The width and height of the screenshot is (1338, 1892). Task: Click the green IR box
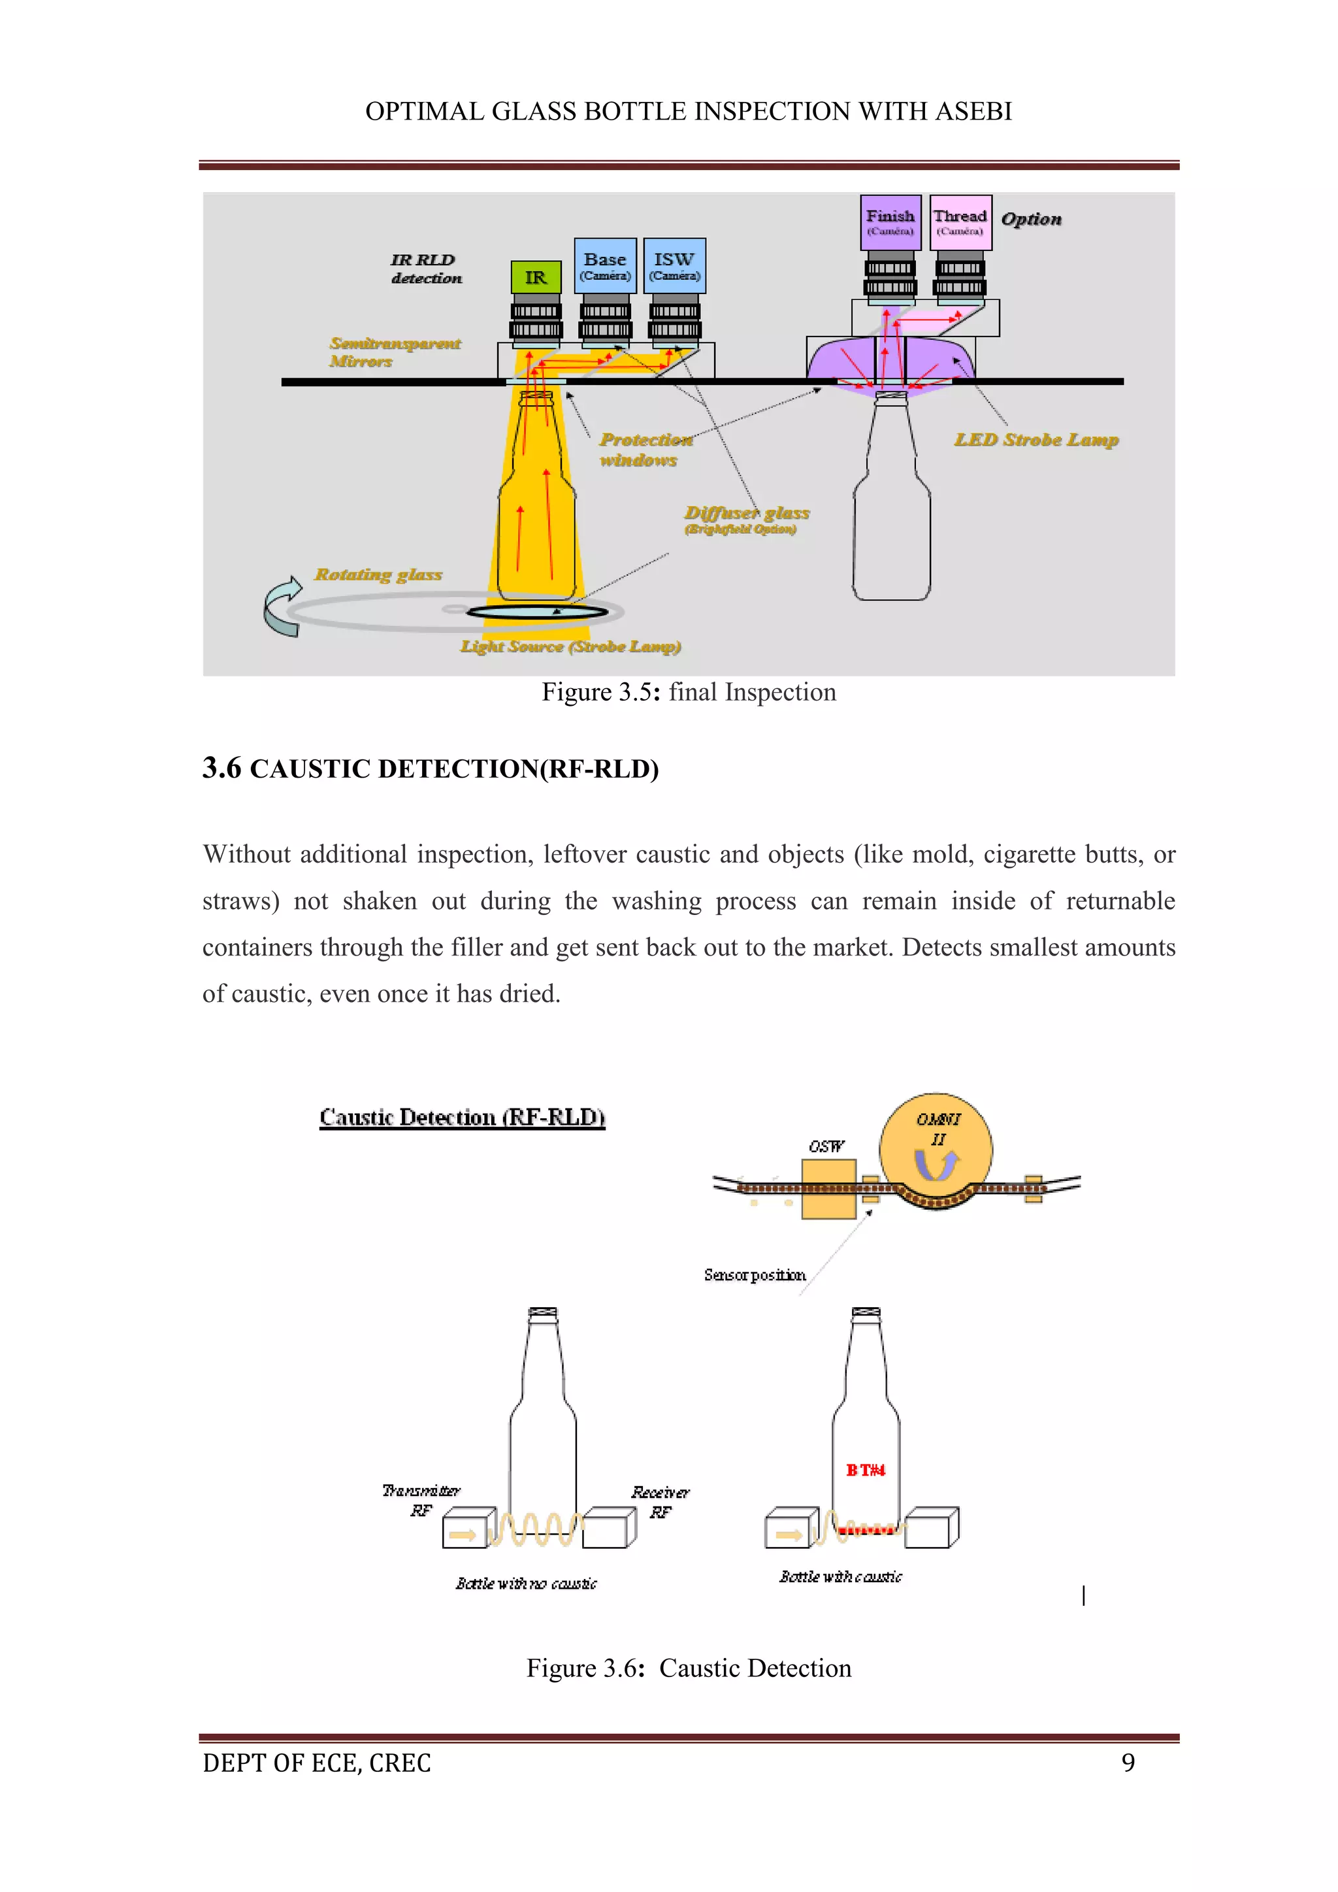(x=536, y=278)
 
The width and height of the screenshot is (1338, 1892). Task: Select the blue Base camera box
(x=605, y=265)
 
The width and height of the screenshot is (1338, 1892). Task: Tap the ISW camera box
(x=674, y=265)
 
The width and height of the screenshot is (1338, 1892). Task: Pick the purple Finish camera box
(x=890, y=222)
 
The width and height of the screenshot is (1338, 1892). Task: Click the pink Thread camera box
(x=960, y=222)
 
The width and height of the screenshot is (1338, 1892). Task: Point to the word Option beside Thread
(x=1031, y=219)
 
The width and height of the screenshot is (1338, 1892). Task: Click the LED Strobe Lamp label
(x=1036, y=440)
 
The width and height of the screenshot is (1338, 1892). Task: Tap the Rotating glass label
(x=378, y=574)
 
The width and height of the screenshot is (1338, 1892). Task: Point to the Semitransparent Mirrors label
(x=394, y=352)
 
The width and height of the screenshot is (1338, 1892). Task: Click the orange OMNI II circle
(x=936, y=1150)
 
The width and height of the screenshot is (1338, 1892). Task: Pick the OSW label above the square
(x=826, y=1146)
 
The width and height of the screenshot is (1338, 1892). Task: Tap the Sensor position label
(x=755, y=1275)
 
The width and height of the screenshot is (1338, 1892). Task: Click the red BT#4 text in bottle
(x=865, y=1470)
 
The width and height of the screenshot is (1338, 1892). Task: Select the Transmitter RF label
(x=421, y=1500)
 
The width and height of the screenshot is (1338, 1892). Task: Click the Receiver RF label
(x=660, y=1501)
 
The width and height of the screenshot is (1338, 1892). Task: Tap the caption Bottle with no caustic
(x=526, y=1583)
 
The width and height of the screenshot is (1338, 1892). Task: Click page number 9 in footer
(x=1128, y=1763)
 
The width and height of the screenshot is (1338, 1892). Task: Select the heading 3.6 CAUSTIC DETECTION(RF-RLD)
(x=430, y=769)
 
